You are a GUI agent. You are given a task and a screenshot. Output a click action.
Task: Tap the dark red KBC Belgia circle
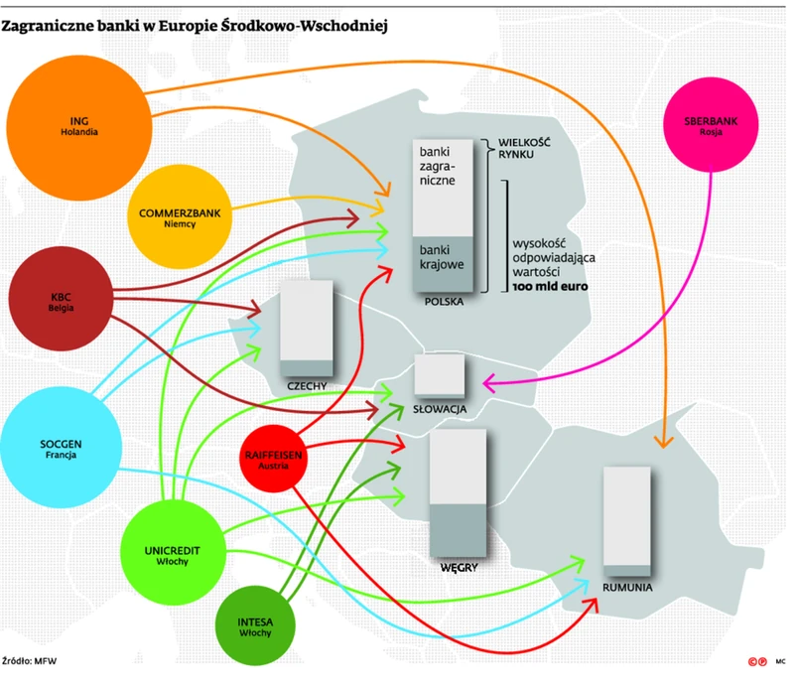[x=61, y=300]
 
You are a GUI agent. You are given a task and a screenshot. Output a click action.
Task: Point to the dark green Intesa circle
[x=256, y=626]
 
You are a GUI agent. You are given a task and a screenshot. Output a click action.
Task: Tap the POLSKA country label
[x=444, y=299]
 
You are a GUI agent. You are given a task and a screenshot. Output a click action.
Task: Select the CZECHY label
[x=307, y=385]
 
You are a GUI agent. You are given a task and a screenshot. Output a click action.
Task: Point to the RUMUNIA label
[x=626, y=587]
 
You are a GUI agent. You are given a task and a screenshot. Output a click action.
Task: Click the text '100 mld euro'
[x=551, y=286]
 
